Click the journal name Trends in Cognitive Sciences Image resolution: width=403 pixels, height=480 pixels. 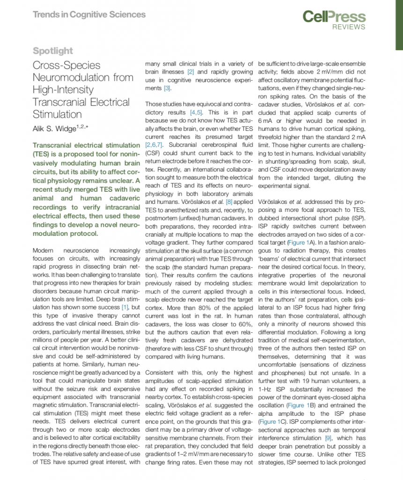click(89, 14)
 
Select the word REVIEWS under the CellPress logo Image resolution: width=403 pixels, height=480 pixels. click(349, 28)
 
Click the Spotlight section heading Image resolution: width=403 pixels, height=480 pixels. click(53, 51)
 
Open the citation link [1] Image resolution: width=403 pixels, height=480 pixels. click(125, 307)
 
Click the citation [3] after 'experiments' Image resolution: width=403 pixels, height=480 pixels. click(167, 88)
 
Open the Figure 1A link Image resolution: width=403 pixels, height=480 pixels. click(298, 242)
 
